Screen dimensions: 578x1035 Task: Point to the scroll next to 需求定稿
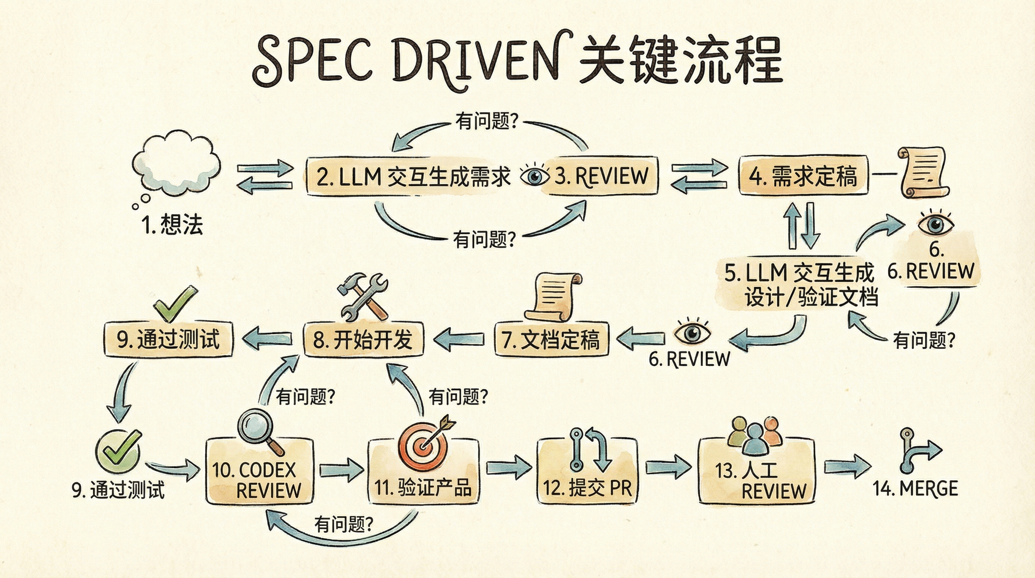(923, 173)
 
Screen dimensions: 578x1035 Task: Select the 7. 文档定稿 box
(551, 339)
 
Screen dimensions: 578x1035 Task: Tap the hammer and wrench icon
(363, 295)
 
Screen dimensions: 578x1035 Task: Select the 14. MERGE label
(915, 489)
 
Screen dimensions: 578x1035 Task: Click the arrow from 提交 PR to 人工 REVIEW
(668, 467)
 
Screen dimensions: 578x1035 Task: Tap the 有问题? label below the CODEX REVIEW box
(343, 525)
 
